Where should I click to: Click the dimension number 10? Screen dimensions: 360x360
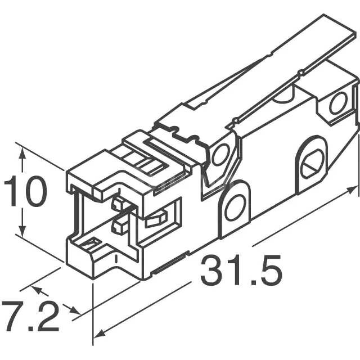click(26, 192)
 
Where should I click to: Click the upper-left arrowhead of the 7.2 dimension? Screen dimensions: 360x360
click(35, 290)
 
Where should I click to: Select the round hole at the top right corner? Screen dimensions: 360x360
click(338, 103)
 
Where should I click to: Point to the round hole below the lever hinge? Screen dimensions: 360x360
click(219, 154)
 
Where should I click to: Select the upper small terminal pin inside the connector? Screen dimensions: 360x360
click(119, 203)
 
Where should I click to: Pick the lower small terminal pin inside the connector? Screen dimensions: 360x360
click(120, 226)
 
